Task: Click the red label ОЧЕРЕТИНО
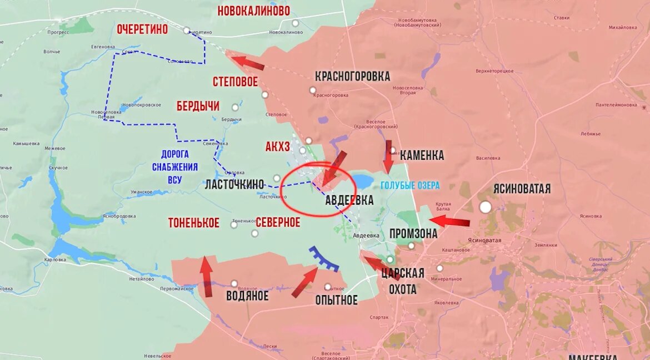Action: pos(142,29)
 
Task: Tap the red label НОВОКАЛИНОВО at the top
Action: pos(253,11)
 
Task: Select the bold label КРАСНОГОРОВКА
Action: pos(352,76)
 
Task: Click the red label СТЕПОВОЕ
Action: pos(235,82)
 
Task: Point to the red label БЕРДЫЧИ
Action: pos(198,106)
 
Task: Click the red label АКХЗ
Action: pos(278,147)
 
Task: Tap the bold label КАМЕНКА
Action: pos(422,155)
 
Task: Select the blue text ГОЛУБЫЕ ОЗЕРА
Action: pos(410,185)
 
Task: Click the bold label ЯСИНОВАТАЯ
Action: pos(522,189)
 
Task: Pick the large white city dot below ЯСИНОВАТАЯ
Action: pos(486,207)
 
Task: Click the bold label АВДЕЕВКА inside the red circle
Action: pos(349,200)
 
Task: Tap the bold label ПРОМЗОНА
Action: pos(413,234)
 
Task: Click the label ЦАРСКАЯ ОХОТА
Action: pos(403,281)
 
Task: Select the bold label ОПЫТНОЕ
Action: pos(336,300)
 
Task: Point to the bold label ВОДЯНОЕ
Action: pos(247,296)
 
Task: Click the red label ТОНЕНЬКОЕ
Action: pos(194,223)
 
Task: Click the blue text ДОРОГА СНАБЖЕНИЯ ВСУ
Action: pos(174,167)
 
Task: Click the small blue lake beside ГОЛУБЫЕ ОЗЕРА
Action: pos(362,181)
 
